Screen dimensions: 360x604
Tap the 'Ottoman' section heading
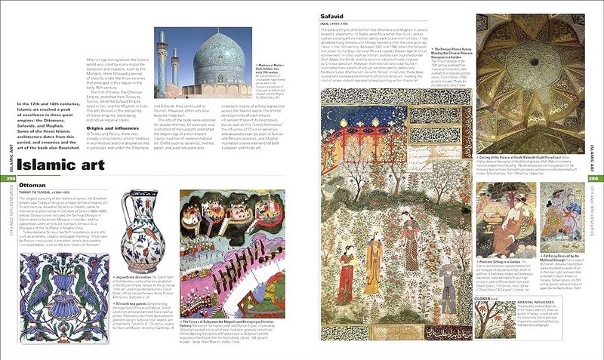tap(33, 183)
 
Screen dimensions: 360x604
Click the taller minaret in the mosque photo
tap(162, 64)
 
